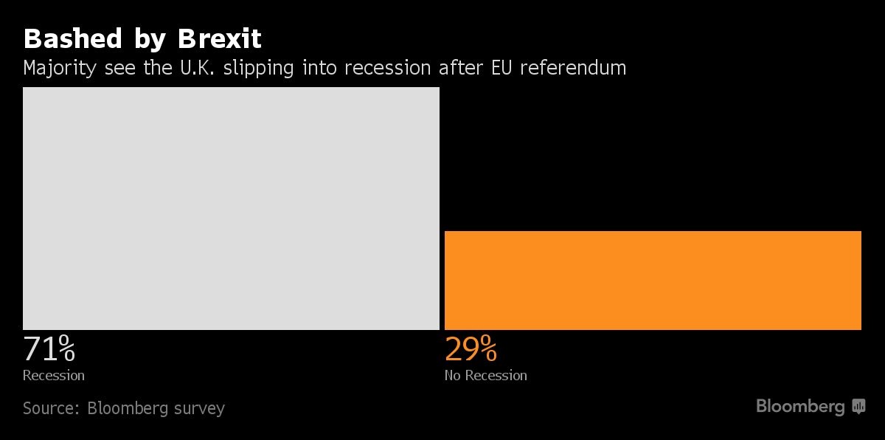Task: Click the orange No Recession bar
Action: click(653, 281)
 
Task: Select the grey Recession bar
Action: click(231, 208)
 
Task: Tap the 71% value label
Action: click(49, 349)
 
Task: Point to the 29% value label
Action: click(471, 349)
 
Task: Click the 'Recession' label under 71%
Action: click(54, 376)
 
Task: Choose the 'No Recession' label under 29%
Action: click(485, 376)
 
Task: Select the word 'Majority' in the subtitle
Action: click(59, 68)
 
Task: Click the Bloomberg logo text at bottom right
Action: click(800, 406)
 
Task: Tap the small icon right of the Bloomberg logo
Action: click(858, 406)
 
